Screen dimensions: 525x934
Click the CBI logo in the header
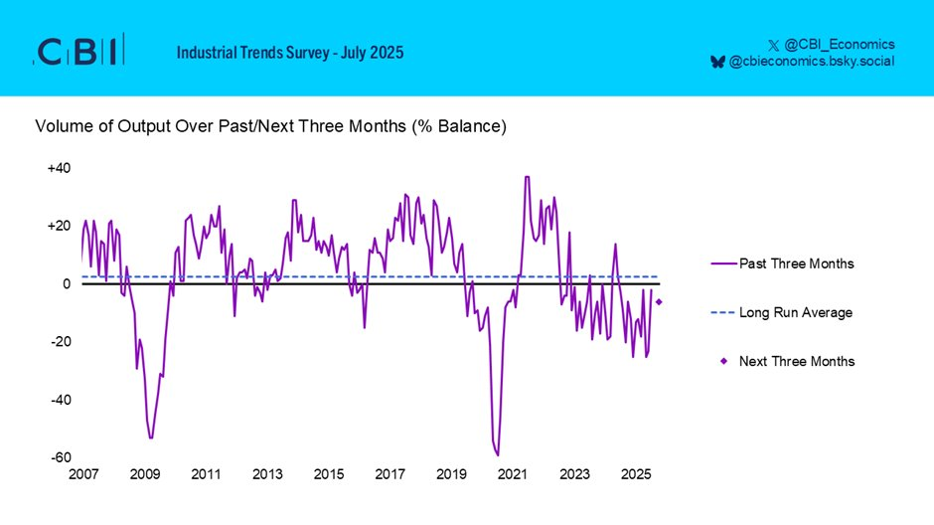tap(79, 52)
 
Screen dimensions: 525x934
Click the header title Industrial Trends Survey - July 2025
tap(290, 52)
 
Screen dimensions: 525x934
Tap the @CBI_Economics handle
tap(840, 44)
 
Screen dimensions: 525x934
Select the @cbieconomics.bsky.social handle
tap(812, 62)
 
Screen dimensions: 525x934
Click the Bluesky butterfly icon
tap(717, 62)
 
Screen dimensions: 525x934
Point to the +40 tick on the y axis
tap(59, 168)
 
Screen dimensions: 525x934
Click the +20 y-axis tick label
tap(59, 226)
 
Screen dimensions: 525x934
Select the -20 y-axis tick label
tap(60, 342)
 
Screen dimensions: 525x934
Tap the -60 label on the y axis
tap(60, 458)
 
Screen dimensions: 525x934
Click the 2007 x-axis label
tap(83, 475)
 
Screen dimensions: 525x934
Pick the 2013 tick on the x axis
tap(267, 475)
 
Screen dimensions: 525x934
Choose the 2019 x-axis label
tap(451, 475)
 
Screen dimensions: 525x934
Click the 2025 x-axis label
tap(636, 475)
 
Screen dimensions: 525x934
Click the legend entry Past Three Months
tap(796, 263)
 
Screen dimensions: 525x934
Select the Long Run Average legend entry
tap(795, 312)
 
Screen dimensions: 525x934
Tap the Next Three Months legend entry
tap(796, 361)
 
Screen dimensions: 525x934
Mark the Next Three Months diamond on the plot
tap(660, 302)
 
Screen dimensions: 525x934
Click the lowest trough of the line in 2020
tap(498, 455)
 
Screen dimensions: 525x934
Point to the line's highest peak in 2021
tap(527, 177)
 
